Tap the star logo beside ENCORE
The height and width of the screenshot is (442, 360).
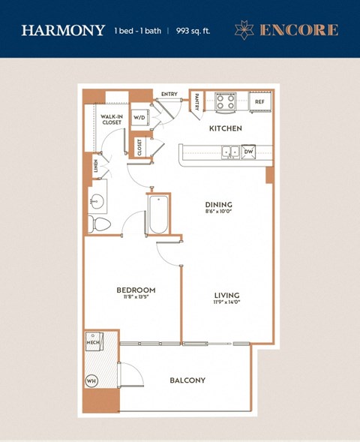point(244,30)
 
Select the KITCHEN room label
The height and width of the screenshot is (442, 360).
point(225,128)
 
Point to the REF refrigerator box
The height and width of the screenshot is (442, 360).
point(259,101)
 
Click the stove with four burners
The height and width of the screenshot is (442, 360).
point(226,101)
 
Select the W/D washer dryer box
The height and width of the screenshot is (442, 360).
point(140,119)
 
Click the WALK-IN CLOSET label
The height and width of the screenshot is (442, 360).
point(112,119)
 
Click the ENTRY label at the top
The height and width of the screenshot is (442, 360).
point(169,94)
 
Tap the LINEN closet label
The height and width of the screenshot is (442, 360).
point(96,166)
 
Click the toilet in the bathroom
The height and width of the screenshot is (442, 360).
point(99,224)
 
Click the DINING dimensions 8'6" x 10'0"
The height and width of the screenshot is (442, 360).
point(219,212)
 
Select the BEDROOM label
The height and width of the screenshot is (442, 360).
point(136,290)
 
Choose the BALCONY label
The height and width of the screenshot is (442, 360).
point(187,380)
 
